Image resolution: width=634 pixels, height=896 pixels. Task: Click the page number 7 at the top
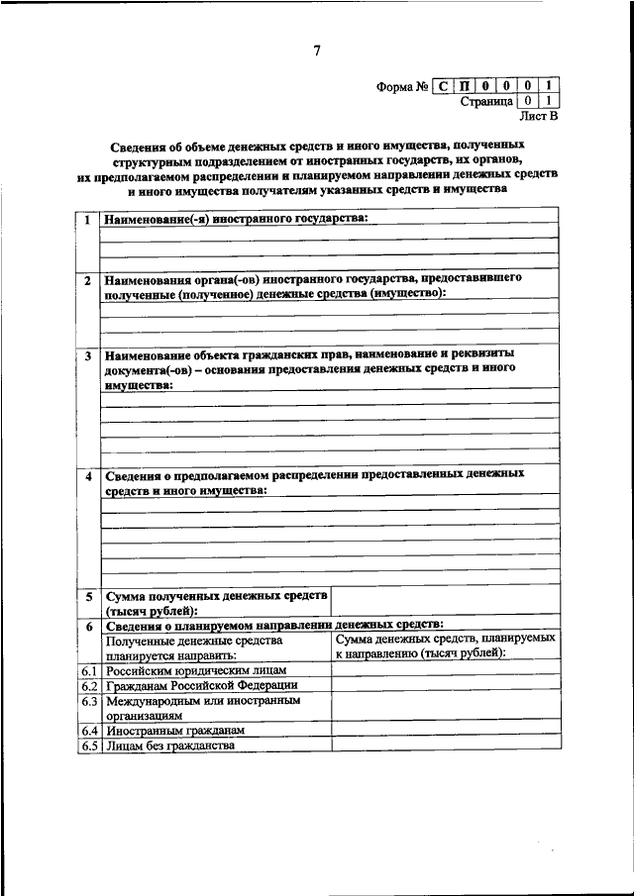click(316, 52)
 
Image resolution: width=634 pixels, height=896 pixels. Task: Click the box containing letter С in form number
click(442, 86)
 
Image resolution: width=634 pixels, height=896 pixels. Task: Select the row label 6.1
click(88, 671)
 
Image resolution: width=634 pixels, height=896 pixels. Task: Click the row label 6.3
click(88, 701)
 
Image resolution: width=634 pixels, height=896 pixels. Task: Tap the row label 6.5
click(88, 746)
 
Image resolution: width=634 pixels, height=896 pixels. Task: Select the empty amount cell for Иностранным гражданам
click(445, 731)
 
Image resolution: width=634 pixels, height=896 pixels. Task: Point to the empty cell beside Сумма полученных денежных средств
click(445, 603)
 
